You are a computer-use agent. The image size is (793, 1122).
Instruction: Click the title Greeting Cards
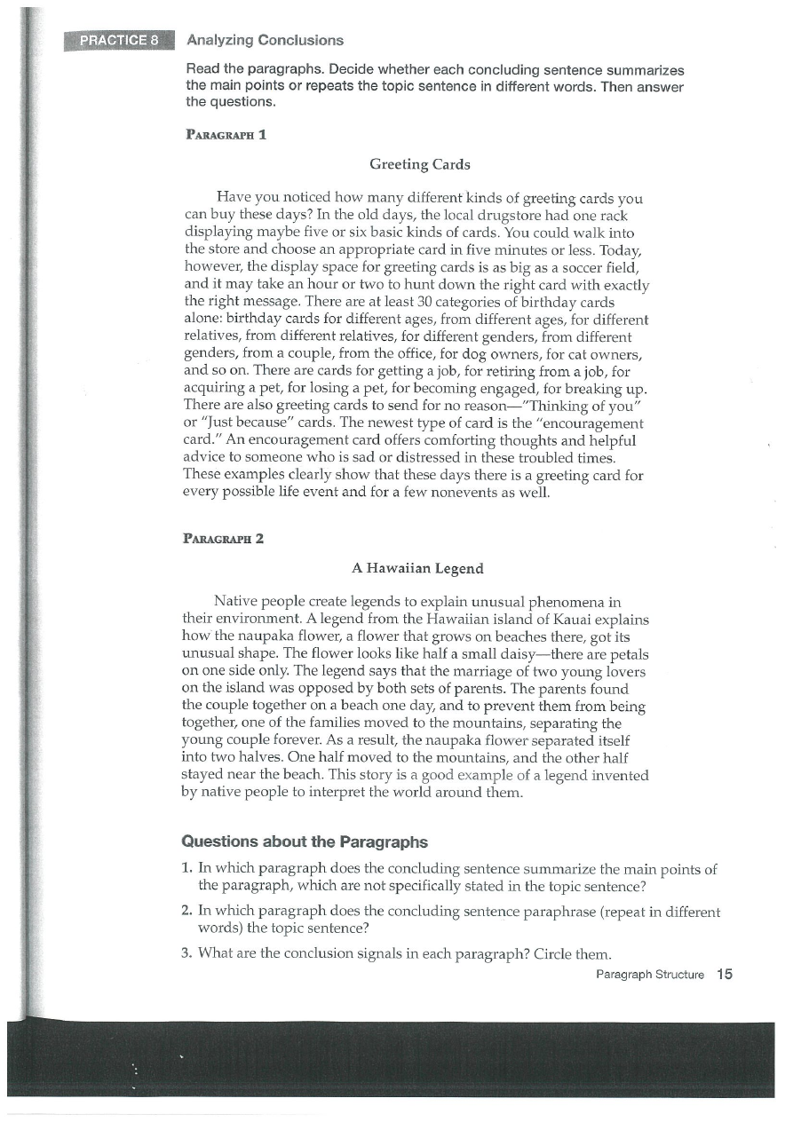pyautogui.click(x=419, y=164)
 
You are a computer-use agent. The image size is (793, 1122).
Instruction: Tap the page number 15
pyautogui.click(x=725, y=975)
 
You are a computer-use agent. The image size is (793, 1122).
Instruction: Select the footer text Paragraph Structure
pyautogui.click(x=650, y=975)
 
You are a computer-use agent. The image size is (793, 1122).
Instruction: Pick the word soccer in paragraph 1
pyautogui.click(x=546, y=265)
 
